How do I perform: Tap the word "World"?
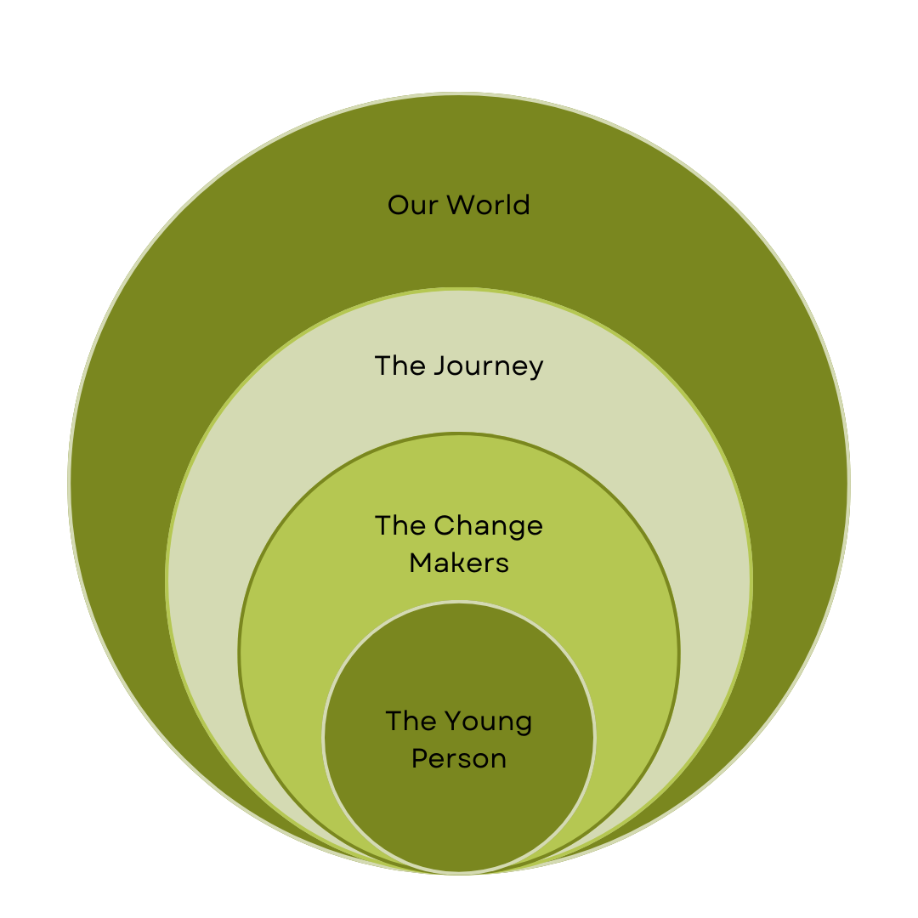click(x=488, y=205)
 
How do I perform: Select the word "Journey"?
click(x=488, y=366)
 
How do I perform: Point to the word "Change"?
click(x=488, y=526)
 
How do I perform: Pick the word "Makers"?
click(x=459, y=563)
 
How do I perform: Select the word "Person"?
click(x=459, y=758)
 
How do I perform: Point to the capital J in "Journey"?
click(x=439, y=366)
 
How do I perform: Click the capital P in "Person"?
click(x=419, y=758)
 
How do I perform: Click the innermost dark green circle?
click(x=459, y=816)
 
